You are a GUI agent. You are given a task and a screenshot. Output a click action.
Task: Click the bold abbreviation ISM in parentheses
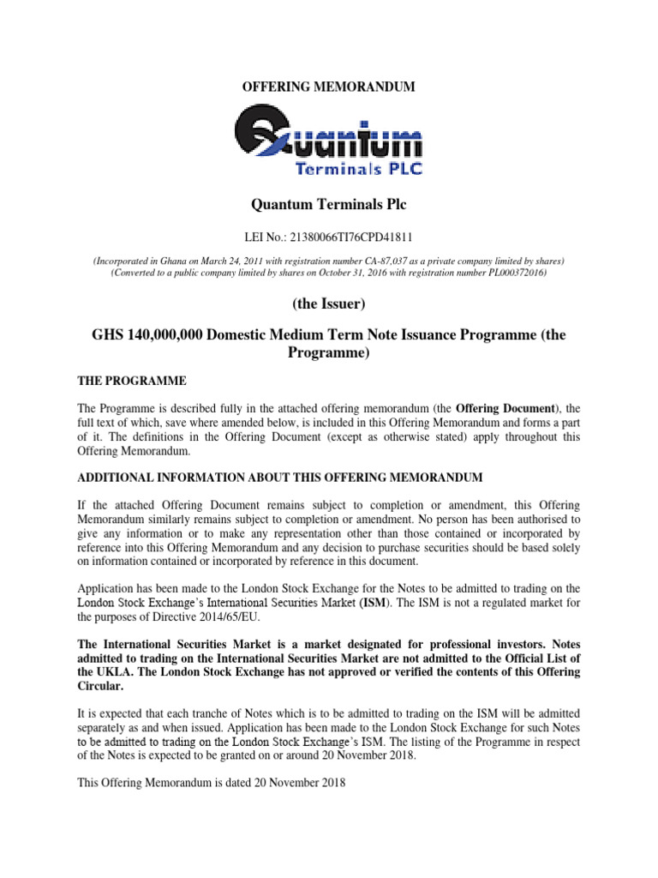[380, 603]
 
